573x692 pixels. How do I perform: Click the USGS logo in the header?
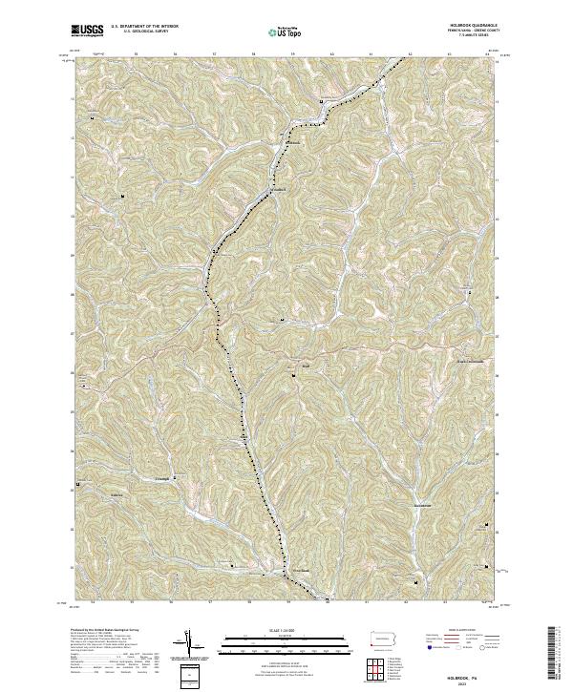[x=87, y=31]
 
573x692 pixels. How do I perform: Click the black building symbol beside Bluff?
[x=293, y=377]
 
